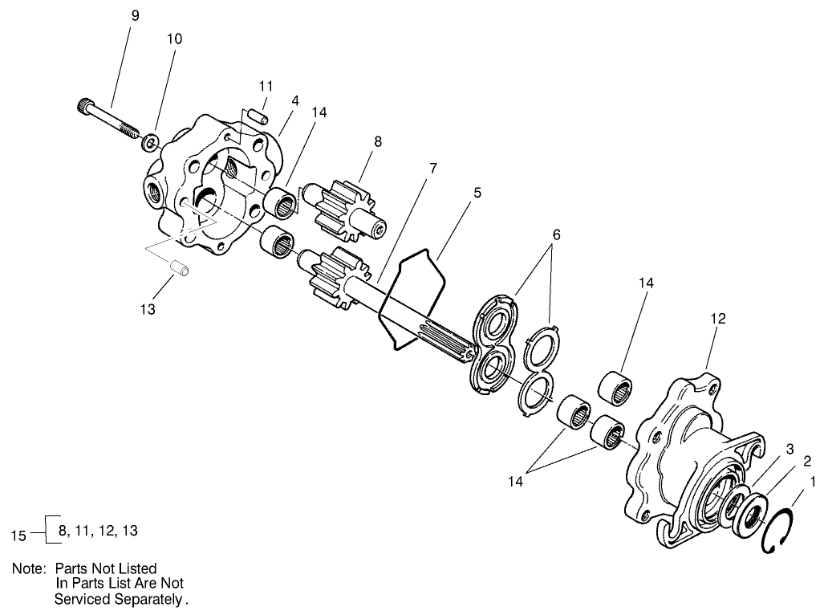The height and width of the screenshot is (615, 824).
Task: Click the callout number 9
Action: tap(134, 15)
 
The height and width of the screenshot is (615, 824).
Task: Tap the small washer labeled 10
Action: tap(149, 144)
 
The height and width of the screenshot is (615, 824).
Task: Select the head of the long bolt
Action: tap(85, 104)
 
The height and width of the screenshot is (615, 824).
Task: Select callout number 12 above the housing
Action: tap(717, 319)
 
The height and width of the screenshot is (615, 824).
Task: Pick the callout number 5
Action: tap(477, 193)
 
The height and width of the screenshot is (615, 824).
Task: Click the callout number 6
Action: tap(555, 234)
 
